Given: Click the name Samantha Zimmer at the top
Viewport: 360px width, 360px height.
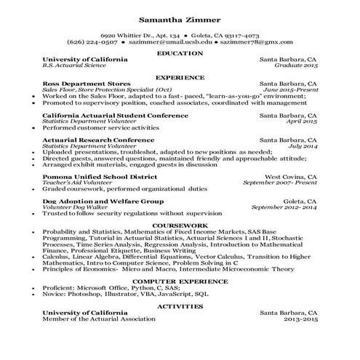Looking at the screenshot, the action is point(180,19).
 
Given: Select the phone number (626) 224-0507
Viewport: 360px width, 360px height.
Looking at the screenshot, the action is point(87,42).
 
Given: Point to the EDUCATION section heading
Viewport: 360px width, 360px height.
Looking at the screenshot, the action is point(180,52).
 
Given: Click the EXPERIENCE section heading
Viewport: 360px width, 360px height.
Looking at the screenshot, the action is point(180,76).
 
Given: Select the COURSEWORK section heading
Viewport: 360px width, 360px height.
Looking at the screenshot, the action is point(180,225).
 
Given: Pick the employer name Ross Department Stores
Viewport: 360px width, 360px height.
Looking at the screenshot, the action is point(87,83).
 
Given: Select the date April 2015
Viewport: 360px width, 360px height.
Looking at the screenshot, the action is point(302,121).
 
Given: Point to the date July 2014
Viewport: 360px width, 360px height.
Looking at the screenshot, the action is point(303,146).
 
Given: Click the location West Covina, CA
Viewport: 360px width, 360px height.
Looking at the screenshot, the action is point(290,177).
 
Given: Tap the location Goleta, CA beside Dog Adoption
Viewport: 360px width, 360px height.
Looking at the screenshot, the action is point(300,201).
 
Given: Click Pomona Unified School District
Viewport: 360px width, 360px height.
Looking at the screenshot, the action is point(100,177).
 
